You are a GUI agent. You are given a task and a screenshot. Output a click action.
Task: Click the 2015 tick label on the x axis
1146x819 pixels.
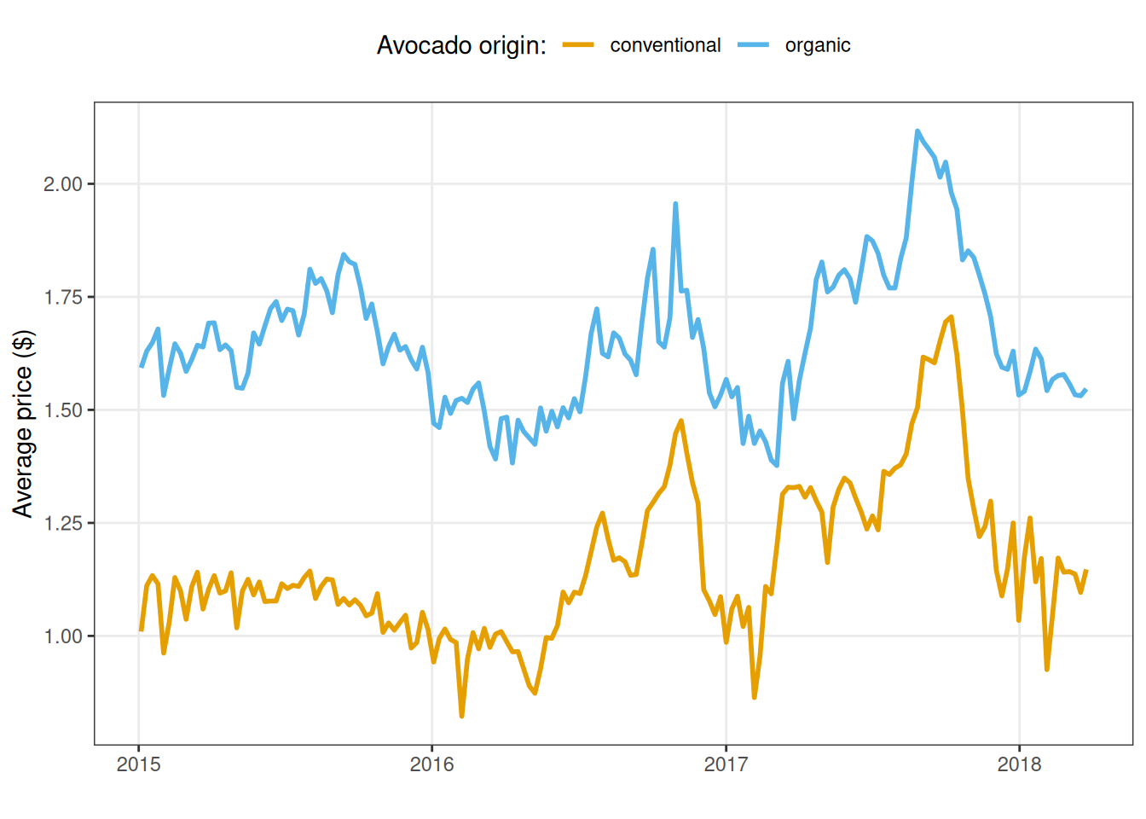point(138,764)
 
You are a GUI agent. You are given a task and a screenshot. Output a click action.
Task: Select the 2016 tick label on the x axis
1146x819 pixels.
point(432,764)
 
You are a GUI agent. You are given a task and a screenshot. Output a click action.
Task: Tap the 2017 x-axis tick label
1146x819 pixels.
point(726,764)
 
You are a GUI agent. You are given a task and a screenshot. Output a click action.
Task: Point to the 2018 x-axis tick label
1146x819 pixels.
point(1020,764)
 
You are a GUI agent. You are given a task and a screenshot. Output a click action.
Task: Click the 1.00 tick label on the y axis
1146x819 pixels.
point(62,636)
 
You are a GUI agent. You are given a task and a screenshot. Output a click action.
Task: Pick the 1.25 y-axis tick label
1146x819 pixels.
point(62,523)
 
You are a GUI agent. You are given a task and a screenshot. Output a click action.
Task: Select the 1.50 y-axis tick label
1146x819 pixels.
point(62,410)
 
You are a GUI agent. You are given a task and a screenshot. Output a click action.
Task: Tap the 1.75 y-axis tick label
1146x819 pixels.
point(62,297)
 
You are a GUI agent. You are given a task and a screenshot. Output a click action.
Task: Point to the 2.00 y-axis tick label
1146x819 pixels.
point(62,184)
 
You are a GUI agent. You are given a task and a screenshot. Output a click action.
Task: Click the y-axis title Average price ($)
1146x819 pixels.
point(23,423)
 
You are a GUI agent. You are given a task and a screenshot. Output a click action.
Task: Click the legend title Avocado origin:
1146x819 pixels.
point(461,45)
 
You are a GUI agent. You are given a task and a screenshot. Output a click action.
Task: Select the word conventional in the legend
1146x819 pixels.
point(665,45)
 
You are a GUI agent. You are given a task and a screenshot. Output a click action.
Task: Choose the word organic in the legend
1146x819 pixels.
point(818,45)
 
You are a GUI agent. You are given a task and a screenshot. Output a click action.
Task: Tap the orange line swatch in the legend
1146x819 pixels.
point(578,45)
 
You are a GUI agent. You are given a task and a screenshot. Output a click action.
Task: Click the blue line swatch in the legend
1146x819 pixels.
point(754,45)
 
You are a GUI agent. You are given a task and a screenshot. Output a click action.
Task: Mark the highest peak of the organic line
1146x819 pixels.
point(917,131)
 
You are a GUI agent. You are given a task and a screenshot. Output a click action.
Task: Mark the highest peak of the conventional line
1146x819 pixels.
point(951,317)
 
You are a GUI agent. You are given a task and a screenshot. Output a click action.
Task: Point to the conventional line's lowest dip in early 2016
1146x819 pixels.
point(461,716)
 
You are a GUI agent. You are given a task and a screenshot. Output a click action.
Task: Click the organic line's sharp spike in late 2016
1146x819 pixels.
point(675,204)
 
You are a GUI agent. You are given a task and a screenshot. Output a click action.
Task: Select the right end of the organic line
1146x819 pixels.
point(1085,390)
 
